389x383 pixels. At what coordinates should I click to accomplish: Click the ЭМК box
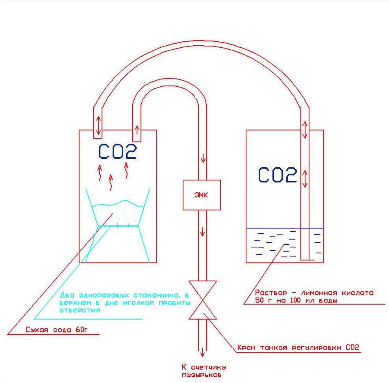pos(202,195)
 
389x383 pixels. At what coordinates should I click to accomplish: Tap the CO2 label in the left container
pos(117,152)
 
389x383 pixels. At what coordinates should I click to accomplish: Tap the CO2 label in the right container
pos(278,175)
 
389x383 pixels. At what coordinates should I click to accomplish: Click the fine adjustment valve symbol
pos(202,300)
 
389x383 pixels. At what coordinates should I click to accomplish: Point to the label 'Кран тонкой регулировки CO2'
pos(298,348)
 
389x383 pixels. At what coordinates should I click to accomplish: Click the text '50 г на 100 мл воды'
pos(296,300)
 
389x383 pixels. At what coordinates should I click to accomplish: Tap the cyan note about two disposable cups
pos(125,302)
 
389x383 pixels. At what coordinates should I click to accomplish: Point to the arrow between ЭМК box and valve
pos(202,231)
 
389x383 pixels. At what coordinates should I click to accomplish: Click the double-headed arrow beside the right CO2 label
pos(304,178)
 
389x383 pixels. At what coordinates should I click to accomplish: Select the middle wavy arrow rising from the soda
pos(111,182)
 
